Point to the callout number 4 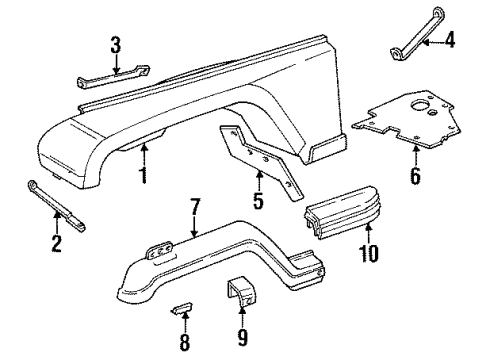pos(450,41)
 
